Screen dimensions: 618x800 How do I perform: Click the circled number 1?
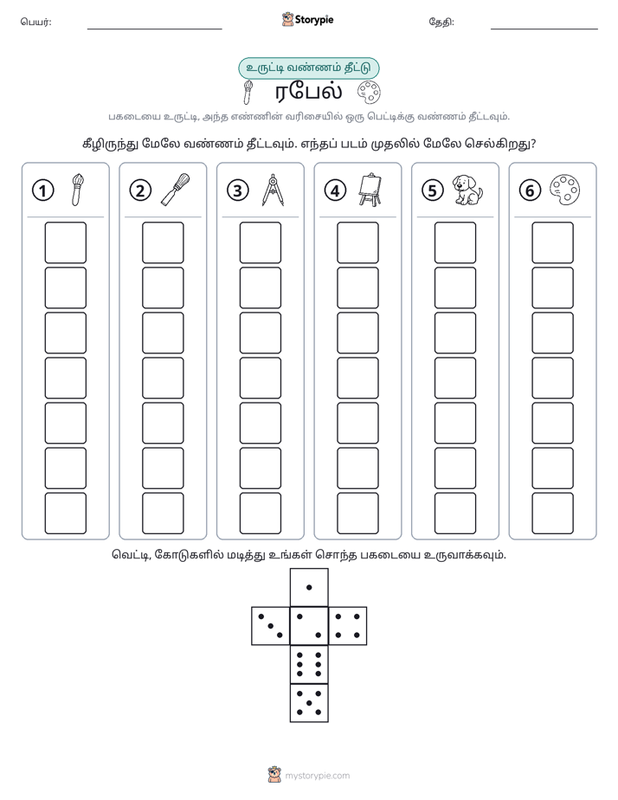click(42, 190)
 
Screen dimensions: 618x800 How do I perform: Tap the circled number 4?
click(335, 190)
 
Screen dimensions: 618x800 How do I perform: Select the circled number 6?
click(530, 190)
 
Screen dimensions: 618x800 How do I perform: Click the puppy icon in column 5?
click(467, 190)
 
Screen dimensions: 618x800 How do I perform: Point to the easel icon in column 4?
click(370, 190)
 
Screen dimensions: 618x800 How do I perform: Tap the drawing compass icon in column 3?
click(273, 190)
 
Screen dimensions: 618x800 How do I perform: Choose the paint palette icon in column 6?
click(564, 190)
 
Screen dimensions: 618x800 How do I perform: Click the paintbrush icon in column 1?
click(78, 190)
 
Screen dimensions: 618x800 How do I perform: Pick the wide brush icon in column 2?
click(176, 190)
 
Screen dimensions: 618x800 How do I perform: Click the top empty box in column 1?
click(65, 242)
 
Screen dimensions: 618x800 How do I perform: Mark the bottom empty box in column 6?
click(553, 513)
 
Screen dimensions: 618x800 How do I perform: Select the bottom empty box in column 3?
click(260, 513)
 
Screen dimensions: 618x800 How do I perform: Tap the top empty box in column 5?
click(455, 242)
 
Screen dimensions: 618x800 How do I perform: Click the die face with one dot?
click(309, 587)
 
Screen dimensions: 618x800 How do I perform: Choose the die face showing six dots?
click(309, 664)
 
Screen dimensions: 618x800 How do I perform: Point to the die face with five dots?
click(309, 703)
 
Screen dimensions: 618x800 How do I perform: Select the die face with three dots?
click(271, 625)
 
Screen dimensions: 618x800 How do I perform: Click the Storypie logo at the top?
click(307, 19)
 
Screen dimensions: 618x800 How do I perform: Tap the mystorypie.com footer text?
click(317, 776)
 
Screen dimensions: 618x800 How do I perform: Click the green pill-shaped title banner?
click(309, 68)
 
